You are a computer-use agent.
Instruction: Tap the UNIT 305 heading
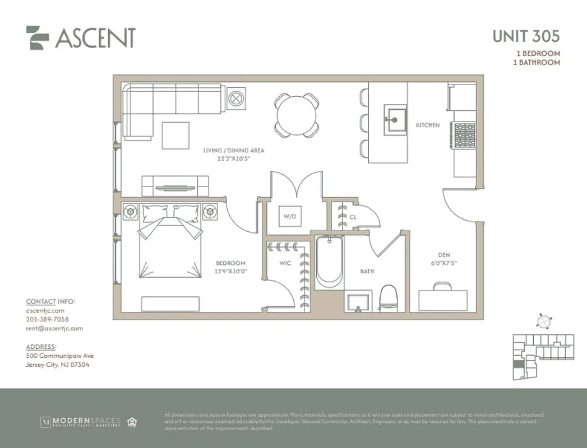[525, 36]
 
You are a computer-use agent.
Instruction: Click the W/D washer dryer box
[289, 216]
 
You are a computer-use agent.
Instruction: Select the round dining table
[297, 115]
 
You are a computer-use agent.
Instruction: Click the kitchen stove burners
[465, 135]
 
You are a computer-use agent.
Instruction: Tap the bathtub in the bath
[329, 262]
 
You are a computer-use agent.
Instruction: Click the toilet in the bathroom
[388, 298]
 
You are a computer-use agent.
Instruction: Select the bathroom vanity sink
[358, 302]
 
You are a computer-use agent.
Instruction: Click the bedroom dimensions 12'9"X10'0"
[230, 271]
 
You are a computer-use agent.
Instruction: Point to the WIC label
[285, 263]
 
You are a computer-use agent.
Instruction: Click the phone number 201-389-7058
[47, 319]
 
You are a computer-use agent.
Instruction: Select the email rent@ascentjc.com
[54, 329]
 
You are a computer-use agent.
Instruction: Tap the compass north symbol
[543, 321]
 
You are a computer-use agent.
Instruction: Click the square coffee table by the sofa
[175, 136]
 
